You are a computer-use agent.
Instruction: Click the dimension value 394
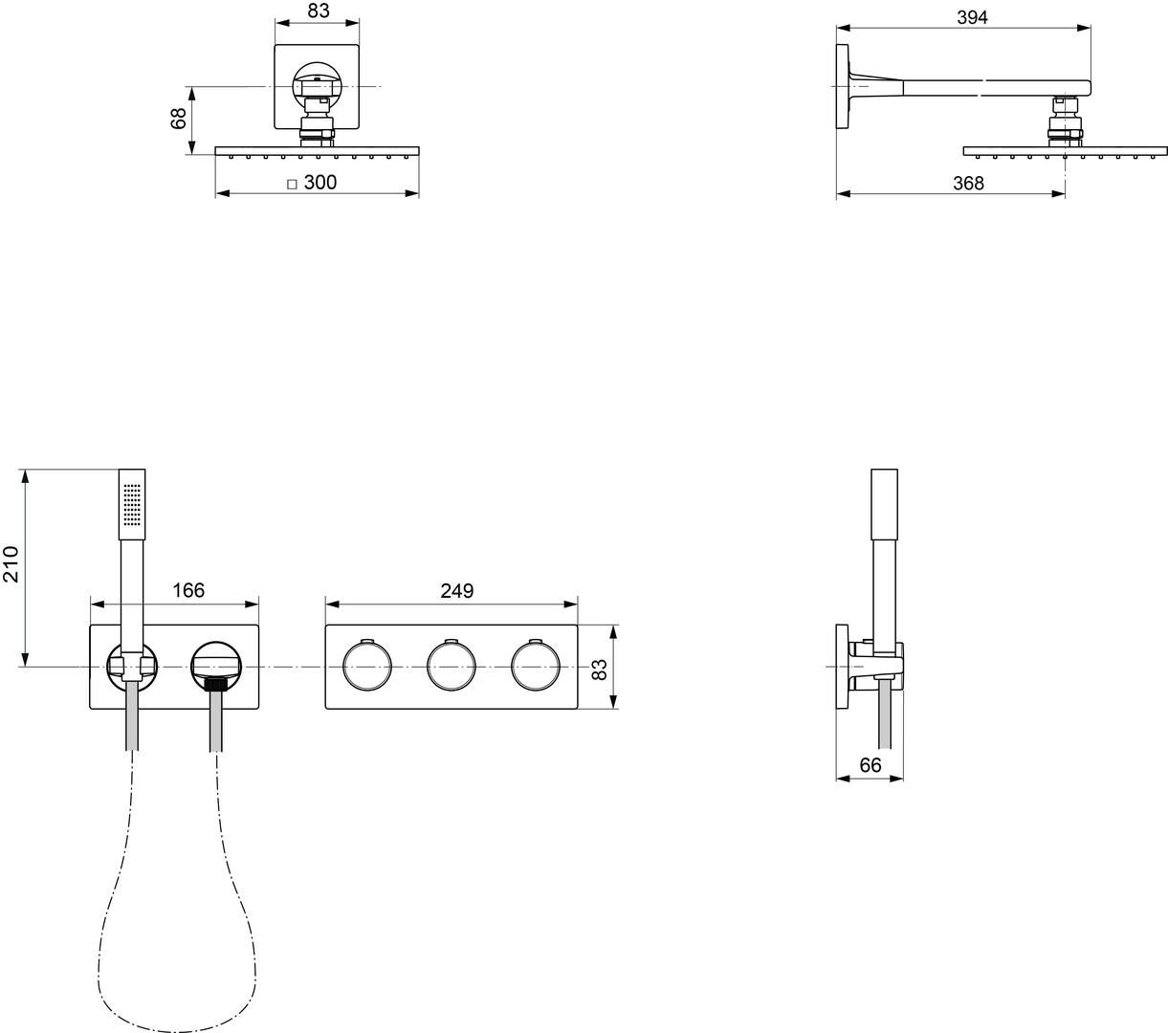click(x=972, y=18)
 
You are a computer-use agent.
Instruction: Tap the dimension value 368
click(x=968, y=184)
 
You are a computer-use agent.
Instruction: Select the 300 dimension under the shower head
click(x=320, y=182)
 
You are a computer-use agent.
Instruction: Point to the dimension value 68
click(x=179, y=119)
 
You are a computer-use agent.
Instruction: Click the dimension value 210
click(x=11, y=564)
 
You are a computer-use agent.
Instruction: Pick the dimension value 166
click(x=188, y=590)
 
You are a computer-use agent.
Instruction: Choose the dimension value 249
click(x=456, y=591)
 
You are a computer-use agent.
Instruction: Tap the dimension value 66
click(x=870, y=765)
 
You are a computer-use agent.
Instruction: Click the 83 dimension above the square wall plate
click(x=319, y=11)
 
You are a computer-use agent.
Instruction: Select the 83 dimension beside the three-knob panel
click(x=600, y=670)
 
